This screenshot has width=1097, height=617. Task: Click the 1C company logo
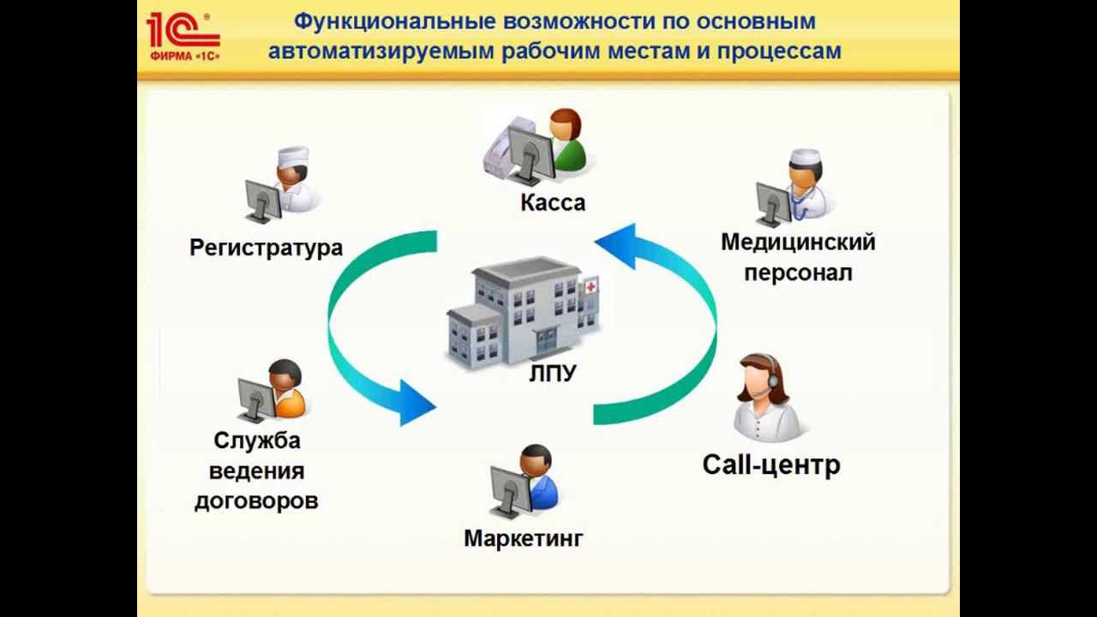(x=183, y=37)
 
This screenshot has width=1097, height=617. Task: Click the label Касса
(x=553, y=203)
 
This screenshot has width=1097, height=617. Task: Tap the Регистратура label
(x=266, y=249)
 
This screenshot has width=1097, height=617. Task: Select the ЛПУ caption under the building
(x=553, y=374)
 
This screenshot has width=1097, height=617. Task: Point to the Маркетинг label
(x=524, y=539)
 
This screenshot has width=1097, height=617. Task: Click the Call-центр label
(x=771, y=465)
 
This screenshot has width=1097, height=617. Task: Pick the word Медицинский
(x=798, y=243)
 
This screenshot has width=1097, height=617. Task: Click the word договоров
(x=256, y=501)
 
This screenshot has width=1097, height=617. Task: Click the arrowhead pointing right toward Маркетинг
(x=418, y=403)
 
